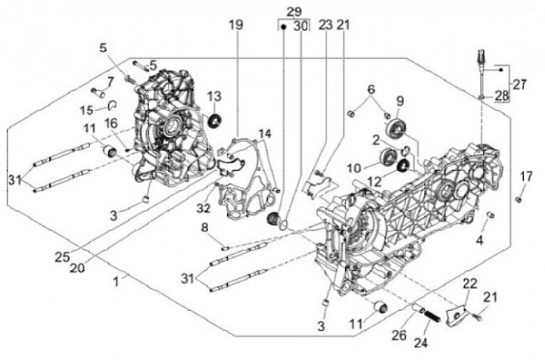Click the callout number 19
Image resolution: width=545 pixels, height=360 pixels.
point(236,26)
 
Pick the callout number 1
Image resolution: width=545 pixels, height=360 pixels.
point(117,281)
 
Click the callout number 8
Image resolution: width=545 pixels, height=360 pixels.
point(204,227)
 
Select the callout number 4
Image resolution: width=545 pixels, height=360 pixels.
point(479,241)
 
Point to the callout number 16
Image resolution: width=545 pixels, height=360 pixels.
point(111,124)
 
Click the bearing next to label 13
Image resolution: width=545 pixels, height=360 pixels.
point(213,119)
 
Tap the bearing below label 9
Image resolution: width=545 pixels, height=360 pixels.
point(394,133)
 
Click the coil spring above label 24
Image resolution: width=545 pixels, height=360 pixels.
point(430,312)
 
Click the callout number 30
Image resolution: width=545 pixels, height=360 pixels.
point(301,26)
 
